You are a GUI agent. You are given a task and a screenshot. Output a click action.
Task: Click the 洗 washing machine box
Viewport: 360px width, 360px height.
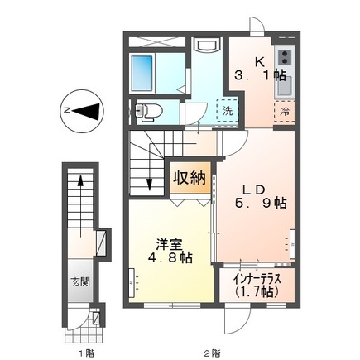pos(225,111)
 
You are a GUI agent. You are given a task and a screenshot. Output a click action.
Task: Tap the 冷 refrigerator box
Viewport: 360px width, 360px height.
pos(283,111)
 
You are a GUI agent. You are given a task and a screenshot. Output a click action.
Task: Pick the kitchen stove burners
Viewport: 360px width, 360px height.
pos(285,57)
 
